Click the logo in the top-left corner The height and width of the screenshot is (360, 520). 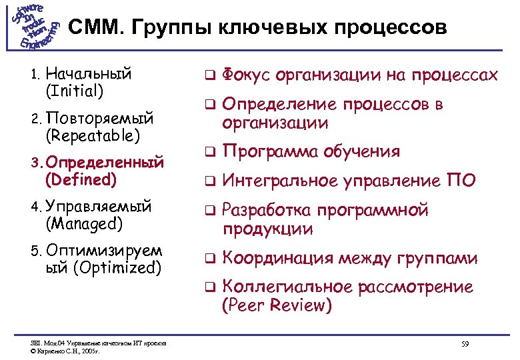click(x=35, y=26)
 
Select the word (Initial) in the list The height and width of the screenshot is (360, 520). click(x=74, y=90)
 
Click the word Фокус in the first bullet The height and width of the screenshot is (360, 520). click(x=245, y=75)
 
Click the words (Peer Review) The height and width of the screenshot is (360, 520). click(x=276, y=306)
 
